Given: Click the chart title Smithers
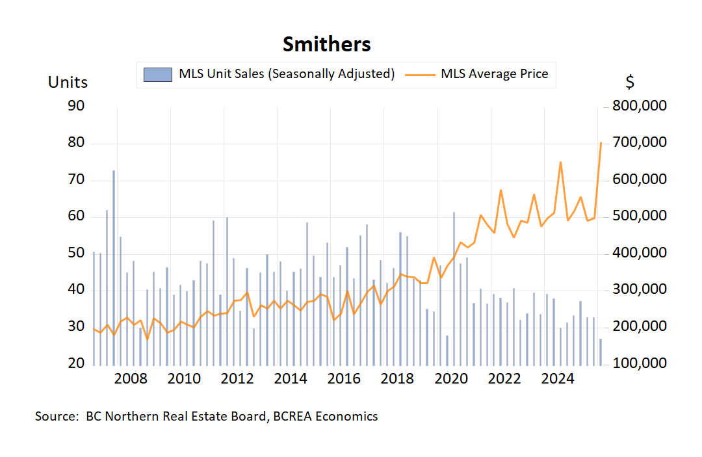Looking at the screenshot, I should click(326, 44).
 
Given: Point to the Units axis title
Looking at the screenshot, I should click(68, 83).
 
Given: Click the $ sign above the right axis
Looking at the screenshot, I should click(630, 83).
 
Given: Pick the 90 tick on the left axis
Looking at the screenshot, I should click(76, 106).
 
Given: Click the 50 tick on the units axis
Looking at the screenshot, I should click(76, 253).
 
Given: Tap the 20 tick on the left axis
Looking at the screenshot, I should click(76, 363).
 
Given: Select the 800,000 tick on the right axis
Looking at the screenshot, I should click(639, 106).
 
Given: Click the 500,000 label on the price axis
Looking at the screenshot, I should click(639, 216).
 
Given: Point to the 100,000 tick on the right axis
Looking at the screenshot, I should click(639, 363).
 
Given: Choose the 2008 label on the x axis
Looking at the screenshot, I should click(130, 379).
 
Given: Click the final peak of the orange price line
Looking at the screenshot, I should click(601, 143).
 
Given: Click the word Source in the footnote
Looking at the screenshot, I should click(55, 416).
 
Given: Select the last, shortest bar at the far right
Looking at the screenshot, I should click(601, 351).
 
